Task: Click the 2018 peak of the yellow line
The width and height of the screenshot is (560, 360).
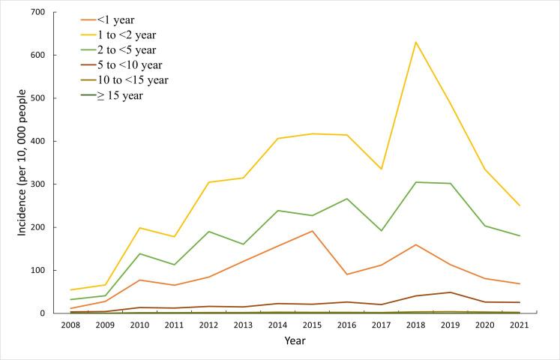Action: tap(415, 42)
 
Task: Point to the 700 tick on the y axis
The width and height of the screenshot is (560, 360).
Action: tap(37, 13)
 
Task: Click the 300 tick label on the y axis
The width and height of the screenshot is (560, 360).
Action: tap(37, 184)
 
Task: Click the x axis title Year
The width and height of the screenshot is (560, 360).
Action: tap(295, 341)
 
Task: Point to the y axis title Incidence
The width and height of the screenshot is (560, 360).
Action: tap(22, 163)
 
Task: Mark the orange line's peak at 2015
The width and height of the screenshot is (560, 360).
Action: tap(312, 231)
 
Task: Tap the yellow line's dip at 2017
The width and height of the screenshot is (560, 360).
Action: tap(381, 169)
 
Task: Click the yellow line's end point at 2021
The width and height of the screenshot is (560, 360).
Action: tap(520, 205)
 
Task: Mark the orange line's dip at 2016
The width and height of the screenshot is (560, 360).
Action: tap(346, 274)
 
